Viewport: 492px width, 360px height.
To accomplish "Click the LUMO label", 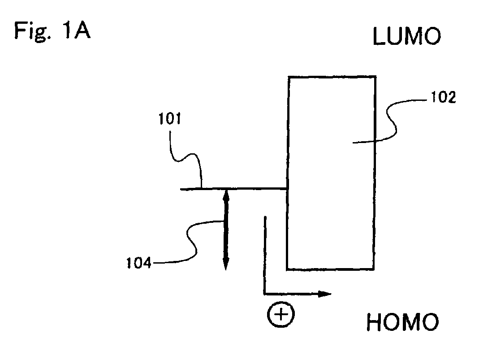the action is tap(407, 36).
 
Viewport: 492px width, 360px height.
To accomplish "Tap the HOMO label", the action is tap(402, 322).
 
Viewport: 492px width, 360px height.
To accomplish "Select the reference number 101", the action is tap(170, 119).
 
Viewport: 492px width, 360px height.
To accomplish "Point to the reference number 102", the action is tap(443, 97).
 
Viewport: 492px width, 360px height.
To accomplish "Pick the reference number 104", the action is tap(138, 263).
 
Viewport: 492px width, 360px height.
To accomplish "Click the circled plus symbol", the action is tap(281, 314).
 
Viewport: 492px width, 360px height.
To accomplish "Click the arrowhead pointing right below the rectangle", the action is tap(325, 294).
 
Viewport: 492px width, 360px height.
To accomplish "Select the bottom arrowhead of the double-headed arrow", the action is tap(225, 264).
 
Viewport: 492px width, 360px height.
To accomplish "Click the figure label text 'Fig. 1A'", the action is tap(52, 31).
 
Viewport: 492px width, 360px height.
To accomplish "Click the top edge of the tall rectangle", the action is tap(332, 77).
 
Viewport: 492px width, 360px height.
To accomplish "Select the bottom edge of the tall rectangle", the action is tap(330, 269).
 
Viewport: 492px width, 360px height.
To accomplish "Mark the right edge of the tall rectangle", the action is tap(375, 173).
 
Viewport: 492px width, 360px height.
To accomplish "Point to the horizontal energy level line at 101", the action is tap(234, 189).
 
